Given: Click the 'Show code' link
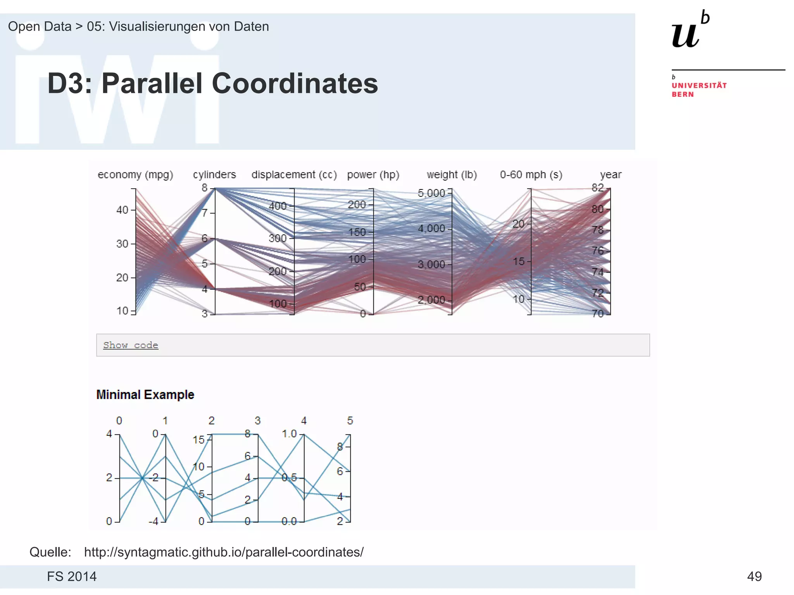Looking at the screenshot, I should [131, 345].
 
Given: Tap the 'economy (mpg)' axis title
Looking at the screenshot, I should [135, 175].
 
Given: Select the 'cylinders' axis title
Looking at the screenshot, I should [214, 175].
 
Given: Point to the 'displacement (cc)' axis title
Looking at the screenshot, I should [294, 175].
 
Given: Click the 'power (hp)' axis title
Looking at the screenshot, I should [373, 175].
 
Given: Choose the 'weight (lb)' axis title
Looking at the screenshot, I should [452, 175].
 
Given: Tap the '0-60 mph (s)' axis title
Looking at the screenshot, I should [531, 175].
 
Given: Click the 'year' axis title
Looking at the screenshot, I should [611, 175].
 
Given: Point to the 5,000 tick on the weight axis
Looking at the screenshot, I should [431, 193].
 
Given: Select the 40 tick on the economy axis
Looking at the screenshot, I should [123, 210].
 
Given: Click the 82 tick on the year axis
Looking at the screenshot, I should [597, 188].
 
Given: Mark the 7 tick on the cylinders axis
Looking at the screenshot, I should [205, 213].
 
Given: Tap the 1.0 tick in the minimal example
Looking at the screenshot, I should [289, 434].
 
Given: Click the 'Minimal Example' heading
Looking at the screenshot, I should [145, 395].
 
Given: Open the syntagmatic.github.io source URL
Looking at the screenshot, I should [224, 552].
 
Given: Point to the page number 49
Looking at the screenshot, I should [754, 576].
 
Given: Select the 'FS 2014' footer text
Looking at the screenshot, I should [72, 576].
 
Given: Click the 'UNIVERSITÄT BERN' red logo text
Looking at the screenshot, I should [699, 89].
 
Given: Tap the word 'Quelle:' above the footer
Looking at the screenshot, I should [50, 552].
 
